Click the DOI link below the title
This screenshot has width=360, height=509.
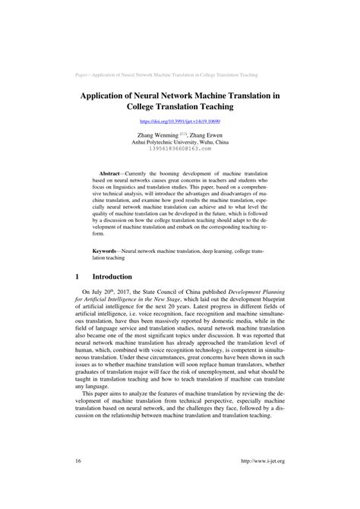[179, 122]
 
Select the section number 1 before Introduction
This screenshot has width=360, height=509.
[78, 277]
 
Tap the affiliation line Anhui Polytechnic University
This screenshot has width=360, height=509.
[179, 141]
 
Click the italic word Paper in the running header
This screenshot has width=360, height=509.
[84, 76]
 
